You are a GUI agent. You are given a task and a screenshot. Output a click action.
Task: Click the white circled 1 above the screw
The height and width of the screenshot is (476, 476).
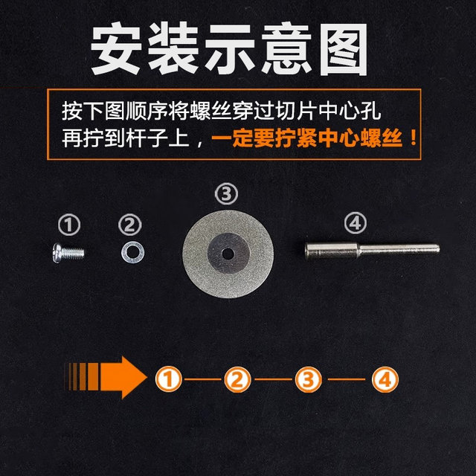point(69,223)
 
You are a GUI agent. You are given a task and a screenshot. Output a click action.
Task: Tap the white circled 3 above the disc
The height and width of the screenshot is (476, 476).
point(227,195)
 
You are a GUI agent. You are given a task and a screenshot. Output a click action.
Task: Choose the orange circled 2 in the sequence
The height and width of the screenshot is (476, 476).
point(238,380)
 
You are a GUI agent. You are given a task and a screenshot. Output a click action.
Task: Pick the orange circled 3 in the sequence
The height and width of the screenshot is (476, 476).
point(310,380)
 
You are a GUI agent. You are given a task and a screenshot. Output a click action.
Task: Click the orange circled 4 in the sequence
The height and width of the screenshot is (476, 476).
point(384,380)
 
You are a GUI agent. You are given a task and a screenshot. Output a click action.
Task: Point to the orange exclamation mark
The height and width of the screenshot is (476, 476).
point(408,139)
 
